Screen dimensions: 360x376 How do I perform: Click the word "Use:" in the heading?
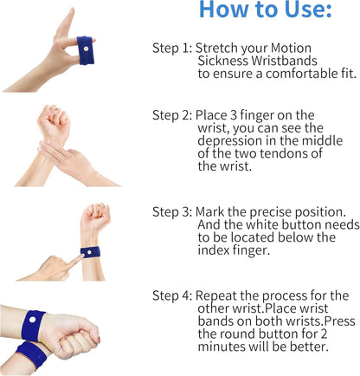(x=308, y=10)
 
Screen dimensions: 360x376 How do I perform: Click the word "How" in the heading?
(x=224, y=10)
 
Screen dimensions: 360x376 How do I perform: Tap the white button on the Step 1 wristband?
(x=86, y=49)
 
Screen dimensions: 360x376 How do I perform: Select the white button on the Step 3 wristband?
(x=89, y=252)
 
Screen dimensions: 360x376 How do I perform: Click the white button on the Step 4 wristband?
(x=32, y=320)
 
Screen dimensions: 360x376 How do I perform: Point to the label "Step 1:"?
(x=172, y=48)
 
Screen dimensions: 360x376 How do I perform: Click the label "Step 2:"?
(x=172, y=115)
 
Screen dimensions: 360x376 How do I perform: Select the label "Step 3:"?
(x=172, y=212)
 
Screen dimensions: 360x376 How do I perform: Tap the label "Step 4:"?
(x=172, y=295)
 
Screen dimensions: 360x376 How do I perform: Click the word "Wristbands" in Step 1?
(x=284, y=61)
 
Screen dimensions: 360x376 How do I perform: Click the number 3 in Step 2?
(x=234, y=115)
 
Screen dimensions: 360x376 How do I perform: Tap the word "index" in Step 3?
(x=214, y=250)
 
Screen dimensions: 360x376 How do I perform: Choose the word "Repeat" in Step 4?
(x=215, y=296)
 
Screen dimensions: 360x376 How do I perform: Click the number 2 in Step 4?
(x=324, y=334)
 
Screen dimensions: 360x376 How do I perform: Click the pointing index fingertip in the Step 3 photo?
(x=83, y=256)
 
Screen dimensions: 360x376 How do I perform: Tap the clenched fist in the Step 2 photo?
(x=55, y=120)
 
